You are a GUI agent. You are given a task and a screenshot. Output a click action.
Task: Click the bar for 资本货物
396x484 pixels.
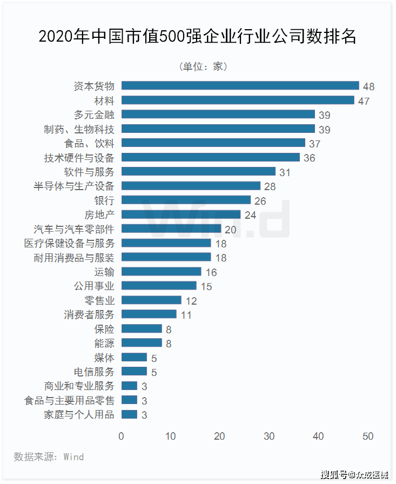tap(240, 85)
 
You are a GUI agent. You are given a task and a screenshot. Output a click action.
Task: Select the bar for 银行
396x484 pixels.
tap(186, 200)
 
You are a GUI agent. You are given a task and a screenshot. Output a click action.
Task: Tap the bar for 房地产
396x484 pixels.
tap(181, 214)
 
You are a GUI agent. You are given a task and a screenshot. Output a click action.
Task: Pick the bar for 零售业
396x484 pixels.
tap(151, 300)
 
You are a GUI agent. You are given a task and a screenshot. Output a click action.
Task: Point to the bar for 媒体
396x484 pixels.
tap(134, 357)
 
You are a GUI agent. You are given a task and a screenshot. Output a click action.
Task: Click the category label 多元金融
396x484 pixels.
tap(94, 115)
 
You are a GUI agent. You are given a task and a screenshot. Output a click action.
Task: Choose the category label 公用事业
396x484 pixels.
tap(94, 286)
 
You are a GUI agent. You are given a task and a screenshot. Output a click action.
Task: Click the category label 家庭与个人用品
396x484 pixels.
tap(79, 415)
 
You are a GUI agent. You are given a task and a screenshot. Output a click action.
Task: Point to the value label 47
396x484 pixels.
tap(364, 101)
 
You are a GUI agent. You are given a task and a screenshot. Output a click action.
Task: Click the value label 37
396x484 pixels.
tap(315, 144)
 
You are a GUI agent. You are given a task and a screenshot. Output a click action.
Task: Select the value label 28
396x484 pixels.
tap(270, 187)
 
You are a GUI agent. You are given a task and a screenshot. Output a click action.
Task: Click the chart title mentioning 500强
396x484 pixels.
tap(198, 37)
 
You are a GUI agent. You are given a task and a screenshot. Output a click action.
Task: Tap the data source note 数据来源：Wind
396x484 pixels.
tap(49, 457)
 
